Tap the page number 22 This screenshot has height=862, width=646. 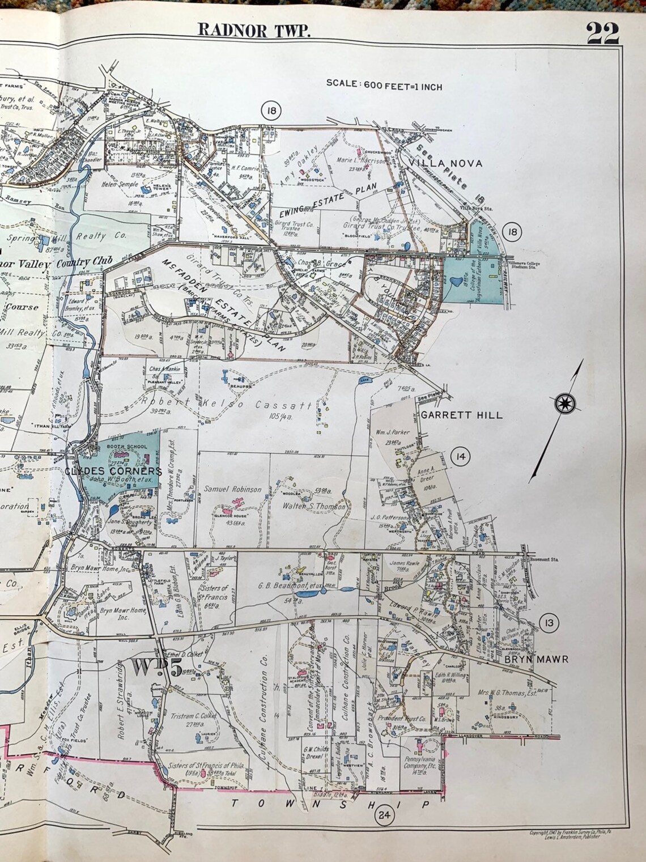tap(602, 32)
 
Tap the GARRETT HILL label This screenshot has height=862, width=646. tap(461, 415)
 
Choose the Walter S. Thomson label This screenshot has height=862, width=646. tap(314, 507)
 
